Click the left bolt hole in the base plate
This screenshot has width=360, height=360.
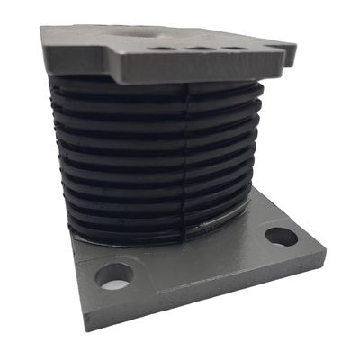coord(114,275)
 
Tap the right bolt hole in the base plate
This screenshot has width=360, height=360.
coord(282,237)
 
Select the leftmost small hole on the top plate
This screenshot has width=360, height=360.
coord(161,47)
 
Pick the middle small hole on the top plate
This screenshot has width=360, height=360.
coord(199,47)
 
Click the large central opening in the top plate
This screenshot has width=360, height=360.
coord(144,32)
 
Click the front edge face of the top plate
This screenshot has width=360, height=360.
coord(162,67)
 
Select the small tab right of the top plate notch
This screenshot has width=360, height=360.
coord(290,50)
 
